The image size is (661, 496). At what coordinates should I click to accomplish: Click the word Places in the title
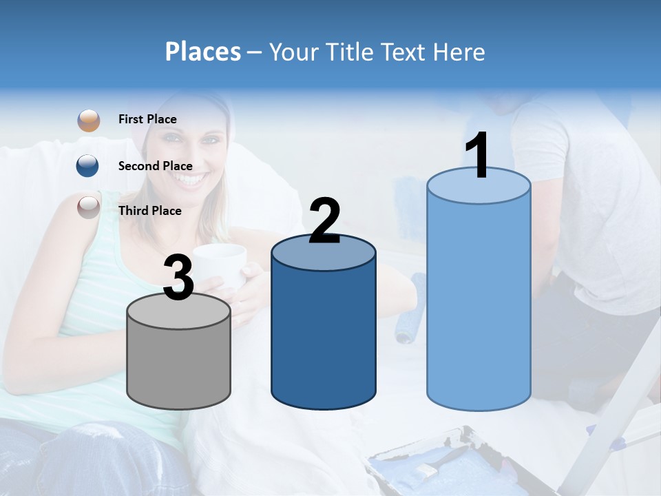[x=203, y=52]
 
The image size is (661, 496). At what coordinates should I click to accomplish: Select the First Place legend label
[x=147, y=119]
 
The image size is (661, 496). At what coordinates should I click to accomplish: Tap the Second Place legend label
[x=155, y=166]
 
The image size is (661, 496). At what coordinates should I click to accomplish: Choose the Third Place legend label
[x=149, y=211]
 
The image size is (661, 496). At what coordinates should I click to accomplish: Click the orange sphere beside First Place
[x=88, y=120]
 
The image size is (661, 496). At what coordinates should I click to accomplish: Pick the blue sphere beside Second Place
[x=88, y=165]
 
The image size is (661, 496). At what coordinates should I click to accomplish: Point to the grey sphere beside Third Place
[x=88, y=207]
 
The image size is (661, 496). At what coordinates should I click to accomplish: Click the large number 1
[x=477, y=156]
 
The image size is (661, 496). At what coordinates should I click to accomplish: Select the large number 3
[x=179, y=278]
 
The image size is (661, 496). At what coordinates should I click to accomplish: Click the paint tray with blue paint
[x=448, y=465]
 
